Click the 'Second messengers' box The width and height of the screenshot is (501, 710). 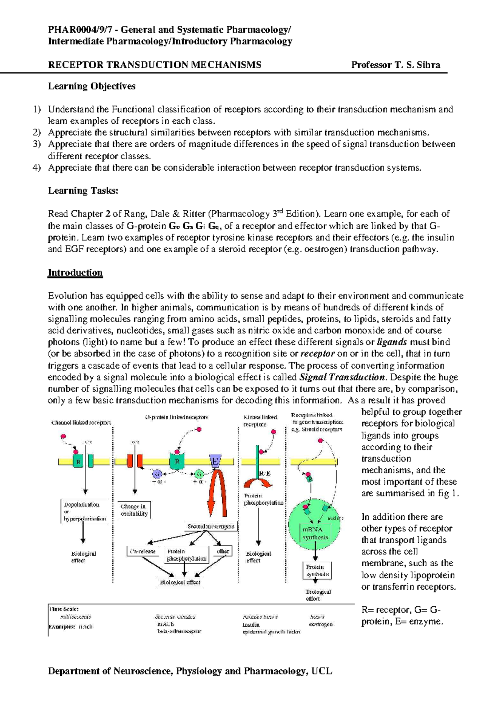211,526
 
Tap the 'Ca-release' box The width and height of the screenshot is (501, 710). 143,552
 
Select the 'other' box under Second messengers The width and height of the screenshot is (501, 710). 223,551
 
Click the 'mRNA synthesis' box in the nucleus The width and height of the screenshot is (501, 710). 316,533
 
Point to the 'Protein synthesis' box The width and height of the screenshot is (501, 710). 317,570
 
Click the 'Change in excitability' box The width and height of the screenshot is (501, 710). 134,510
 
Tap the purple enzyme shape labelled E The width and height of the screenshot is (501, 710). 215,460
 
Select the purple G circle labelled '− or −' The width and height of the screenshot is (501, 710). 157,474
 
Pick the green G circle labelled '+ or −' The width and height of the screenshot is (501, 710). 199,474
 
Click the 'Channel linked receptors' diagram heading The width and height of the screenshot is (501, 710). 81,423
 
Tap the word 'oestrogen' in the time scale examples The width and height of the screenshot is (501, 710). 321,624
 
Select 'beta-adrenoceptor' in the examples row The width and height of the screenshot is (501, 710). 179,631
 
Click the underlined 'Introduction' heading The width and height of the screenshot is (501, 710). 75,273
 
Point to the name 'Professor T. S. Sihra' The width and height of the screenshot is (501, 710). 395,65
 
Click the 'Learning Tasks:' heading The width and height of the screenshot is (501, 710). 83,191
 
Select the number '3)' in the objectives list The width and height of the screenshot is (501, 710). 37,144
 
